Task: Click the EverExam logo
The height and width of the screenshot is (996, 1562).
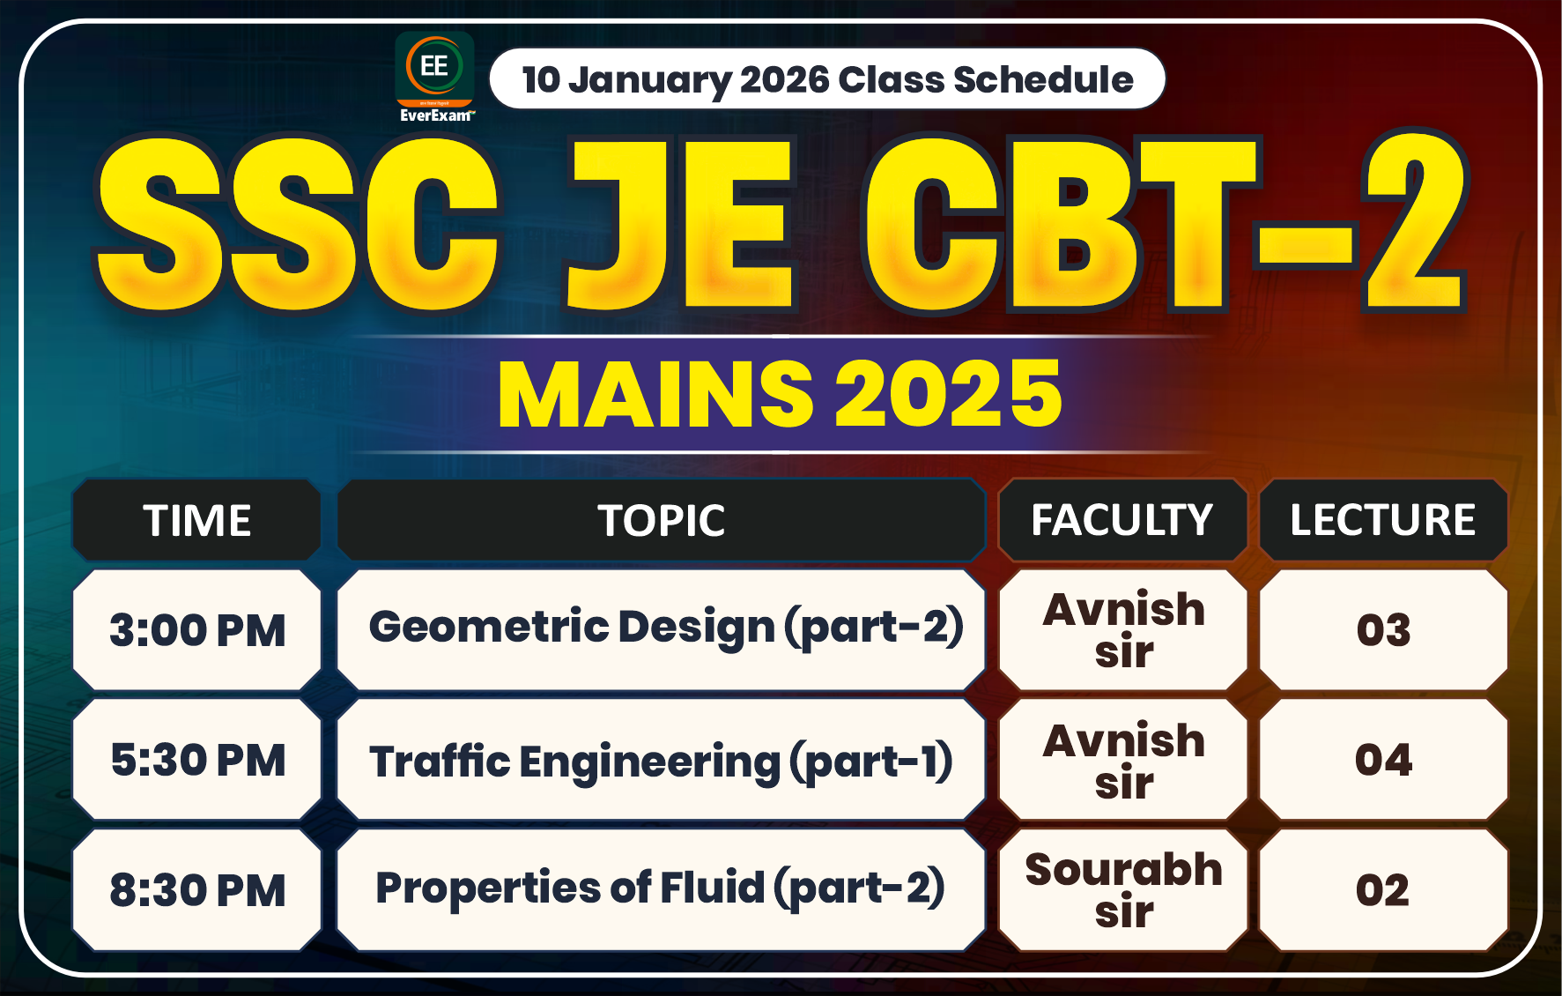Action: [434, 77]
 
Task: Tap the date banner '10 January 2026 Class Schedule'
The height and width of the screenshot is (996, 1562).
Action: [826, 79]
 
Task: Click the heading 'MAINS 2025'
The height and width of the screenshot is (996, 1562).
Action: [780, 394]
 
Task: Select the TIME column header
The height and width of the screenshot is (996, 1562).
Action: [197, 520]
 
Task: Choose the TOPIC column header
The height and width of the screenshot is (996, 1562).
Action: [661, 520]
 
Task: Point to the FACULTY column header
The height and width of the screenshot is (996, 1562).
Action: [1122, 520]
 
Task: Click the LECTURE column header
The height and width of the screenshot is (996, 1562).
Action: [1382, 520]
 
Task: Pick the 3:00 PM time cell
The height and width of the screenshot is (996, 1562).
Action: [197, 630]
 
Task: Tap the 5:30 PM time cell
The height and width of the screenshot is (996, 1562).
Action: [197, 760]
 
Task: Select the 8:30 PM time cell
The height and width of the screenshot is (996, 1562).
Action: [197, 889]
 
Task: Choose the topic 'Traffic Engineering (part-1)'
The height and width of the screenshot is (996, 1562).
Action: [661, 761]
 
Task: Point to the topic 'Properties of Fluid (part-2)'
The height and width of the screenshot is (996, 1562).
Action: [660, 888]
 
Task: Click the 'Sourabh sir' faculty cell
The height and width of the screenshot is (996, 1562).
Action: [1123, 889]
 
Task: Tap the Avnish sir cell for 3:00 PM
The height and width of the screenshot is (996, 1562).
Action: [1123, 630]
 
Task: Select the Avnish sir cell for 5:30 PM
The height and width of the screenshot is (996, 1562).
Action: [1123, 760]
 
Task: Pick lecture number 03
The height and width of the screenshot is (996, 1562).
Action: [1383, 630]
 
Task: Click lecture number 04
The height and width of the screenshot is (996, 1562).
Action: [1383, 760]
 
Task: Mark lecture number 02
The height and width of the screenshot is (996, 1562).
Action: [1382, 889]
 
